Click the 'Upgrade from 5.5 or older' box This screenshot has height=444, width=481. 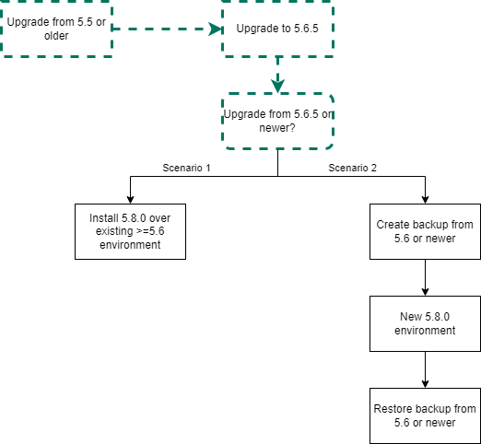pos(56,29)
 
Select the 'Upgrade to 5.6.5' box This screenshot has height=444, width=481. pos(277,29)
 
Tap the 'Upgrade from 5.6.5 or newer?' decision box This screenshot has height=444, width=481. pos(277,121)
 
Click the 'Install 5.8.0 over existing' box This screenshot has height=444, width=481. pos(130,231)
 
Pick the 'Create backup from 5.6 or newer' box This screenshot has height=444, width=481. pos(425,231)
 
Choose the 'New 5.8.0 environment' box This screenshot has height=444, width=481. pos(425,323)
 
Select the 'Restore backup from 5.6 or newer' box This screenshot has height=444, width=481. pos(425,415)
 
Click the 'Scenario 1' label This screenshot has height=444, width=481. pos(186,168)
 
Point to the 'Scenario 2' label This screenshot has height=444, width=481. pos(352,168)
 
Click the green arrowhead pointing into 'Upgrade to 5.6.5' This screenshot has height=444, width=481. pos(215,29)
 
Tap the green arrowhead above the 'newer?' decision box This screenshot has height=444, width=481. pos(277,86)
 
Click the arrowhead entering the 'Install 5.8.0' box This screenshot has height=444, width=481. pos(130,200)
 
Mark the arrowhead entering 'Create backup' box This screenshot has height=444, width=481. pos(425,200)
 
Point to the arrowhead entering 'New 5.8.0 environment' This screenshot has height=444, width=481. pos(425,292)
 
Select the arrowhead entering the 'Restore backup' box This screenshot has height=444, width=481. pos(425,384)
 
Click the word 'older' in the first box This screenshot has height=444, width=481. pos(56,36)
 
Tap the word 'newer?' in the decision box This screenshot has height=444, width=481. pos(277,128)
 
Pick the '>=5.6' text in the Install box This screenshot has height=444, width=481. pos(150,231)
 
